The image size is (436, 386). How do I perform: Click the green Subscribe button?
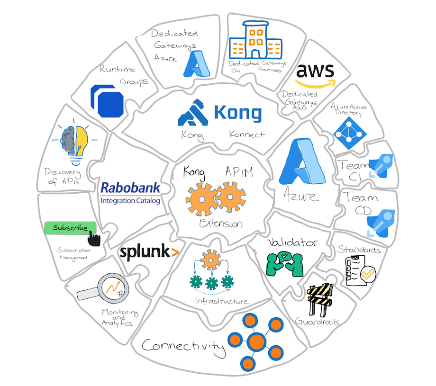pyautogui.click(x=70, y=228)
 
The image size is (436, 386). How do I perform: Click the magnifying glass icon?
pyautogui.click(x=102, y=289)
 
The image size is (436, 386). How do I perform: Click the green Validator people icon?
pyautogui.click(x=284, y=263)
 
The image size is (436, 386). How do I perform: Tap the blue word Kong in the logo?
pyautogui.click(x=237, y=113)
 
